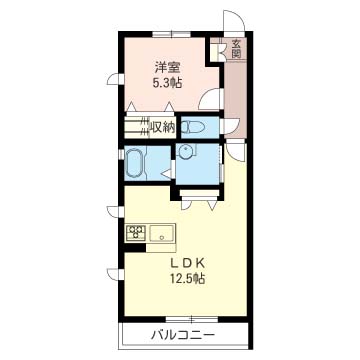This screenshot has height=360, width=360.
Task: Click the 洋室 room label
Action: tap(167, 68)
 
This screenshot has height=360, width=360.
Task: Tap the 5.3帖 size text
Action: tap(167, 83)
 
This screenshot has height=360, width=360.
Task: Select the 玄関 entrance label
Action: tap(236, 48)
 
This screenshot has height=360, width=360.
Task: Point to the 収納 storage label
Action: tap(163, 127)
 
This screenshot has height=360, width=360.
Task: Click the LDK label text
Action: tap(187, 263)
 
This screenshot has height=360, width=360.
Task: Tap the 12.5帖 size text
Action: tap(187, 278)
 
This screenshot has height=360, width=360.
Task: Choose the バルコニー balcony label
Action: tap(182, 335)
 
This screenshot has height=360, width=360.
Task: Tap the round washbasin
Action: tap(184, 153)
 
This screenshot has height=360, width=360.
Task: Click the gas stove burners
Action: tap(136, 232)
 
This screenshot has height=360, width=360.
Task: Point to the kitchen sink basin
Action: tap(162, 233)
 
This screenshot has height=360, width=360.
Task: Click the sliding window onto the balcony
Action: tap(191, 319)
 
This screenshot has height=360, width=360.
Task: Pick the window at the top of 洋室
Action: tap(172, 34)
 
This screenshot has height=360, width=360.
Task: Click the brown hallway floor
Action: tap(235, 99)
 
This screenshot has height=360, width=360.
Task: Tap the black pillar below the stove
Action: tap(135, 248)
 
